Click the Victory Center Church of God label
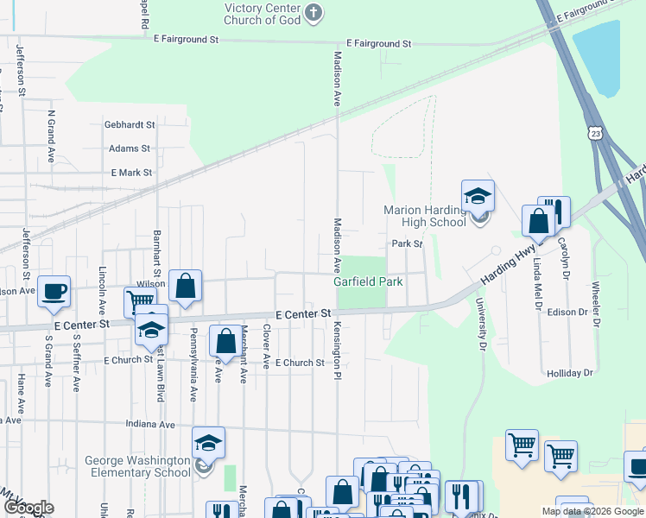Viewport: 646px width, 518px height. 261,13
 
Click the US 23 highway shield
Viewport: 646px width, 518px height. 594,132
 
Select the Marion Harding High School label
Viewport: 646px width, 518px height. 425,216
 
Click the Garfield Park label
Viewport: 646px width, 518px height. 369,282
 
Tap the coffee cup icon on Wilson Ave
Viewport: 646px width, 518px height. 54,293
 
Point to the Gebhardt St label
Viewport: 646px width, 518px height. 130,124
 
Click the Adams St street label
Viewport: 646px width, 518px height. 130,148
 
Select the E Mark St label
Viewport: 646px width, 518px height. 131,173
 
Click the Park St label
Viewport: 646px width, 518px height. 407,244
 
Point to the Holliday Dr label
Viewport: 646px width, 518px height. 570,373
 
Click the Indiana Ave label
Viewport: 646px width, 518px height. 150,425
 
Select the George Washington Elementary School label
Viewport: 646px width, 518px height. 137,466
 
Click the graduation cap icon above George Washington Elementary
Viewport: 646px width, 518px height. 208,443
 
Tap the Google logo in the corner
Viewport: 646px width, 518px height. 28,508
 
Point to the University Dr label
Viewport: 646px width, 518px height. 478,325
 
